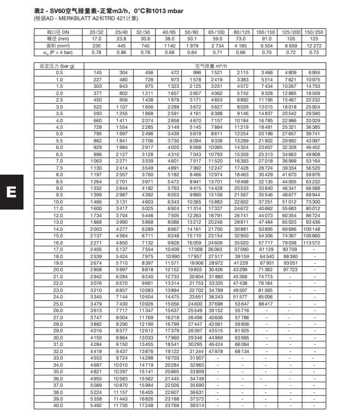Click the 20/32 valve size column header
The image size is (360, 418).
pyautogui.click(x=97, y=33)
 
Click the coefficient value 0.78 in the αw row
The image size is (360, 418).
pyautogui.click(x=97, y=52)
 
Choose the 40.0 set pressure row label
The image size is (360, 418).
pyautogui.click(x=59, y=405)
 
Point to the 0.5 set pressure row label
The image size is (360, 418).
pyautogui.click(x=59, y=73)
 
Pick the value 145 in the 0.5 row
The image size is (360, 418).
pyautogui.click(x=97, y=73)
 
